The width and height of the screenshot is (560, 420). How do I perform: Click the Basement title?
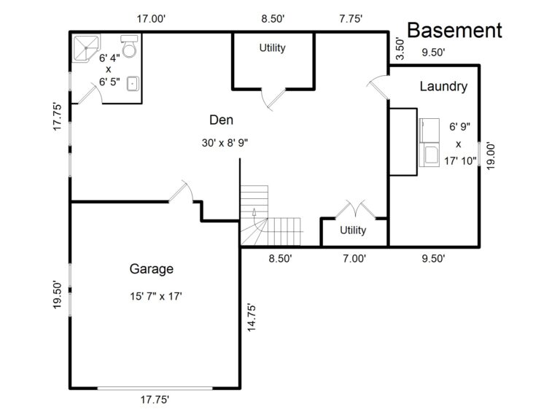tap(455, 31)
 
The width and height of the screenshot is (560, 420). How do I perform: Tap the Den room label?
tap(222, 120)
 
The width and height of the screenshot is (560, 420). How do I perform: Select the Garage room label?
tap(152, 269)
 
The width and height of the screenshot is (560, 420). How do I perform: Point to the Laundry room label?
tap(443, 87)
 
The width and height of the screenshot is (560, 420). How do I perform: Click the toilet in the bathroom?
tap(129, 46)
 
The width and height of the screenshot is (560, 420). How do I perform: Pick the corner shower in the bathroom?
tap(86, 48)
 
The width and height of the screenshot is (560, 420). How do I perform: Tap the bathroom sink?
tap(133, 84)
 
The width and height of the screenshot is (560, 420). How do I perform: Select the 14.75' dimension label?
tap(252, 317)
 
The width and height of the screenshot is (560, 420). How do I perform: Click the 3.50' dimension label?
tap(400, 49)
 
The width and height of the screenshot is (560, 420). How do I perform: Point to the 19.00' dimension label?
tap(491, 156)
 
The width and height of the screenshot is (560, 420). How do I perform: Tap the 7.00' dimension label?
tap(354, 258)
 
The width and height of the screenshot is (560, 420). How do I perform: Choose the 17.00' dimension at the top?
tap(151, 18)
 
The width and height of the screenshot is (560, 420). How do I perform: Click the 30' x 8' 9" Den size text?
tap(225, 143)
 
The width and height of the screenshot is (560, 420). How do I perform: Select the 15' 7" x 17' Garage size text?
tap(156, 297)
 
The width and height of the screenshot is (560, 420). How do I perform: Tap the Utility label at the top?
tap(273, 47)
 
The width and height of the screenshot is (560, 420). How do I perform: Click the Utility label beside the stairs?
tap(353, 230)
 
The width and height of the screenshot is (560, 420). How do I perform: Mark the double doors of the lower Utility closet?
tap(356, 209)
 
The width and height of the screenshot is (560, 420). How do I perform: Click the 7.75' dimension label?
tap(351, 18)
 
